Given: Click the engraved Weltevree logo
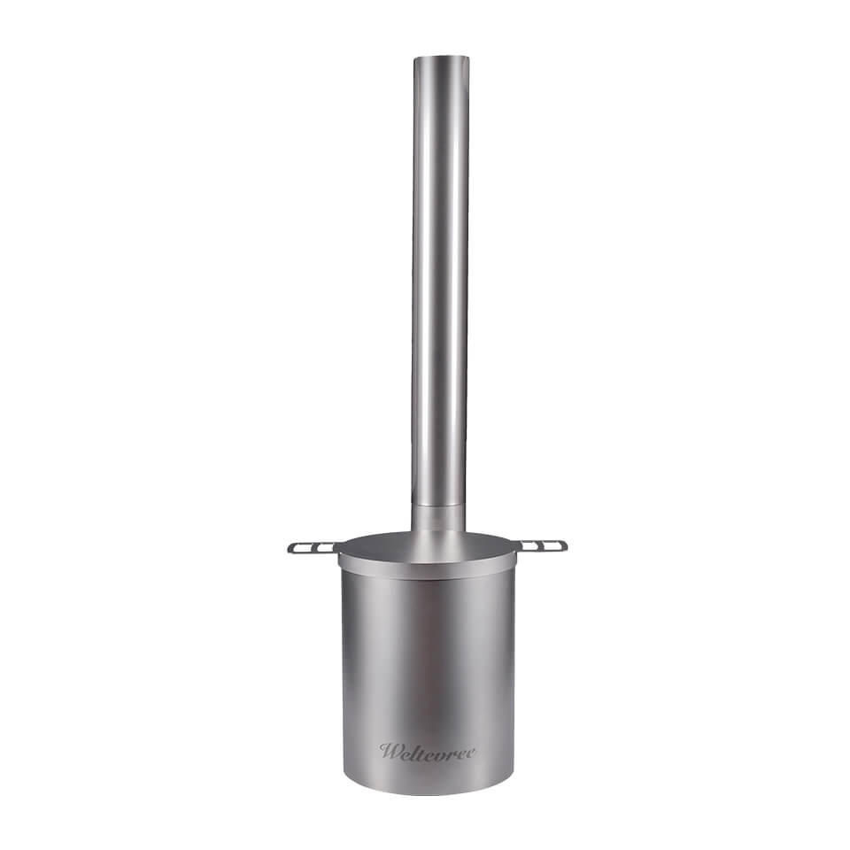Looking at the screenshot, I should pos(428,752).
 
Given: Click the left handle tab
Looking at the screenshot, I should pos(313,547).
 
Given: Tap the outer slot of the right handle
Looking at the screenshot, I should pos(551,545).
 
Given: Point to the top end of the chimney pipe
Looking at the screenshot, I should pos(440,58).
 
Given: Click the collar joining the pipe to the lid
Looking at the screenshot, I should pos(438,519).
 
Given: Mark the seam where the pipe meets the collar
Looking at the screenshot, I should pos(438,506).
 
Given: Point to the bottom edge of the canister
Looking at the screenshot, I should pos(428,792).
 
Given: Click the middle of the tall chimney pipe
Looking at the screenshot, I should pos(440,283).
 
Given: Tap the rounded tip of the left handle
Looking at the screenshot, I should pos(290,549).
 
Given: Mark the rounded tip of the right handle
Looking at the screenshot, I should pos(564,545).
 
